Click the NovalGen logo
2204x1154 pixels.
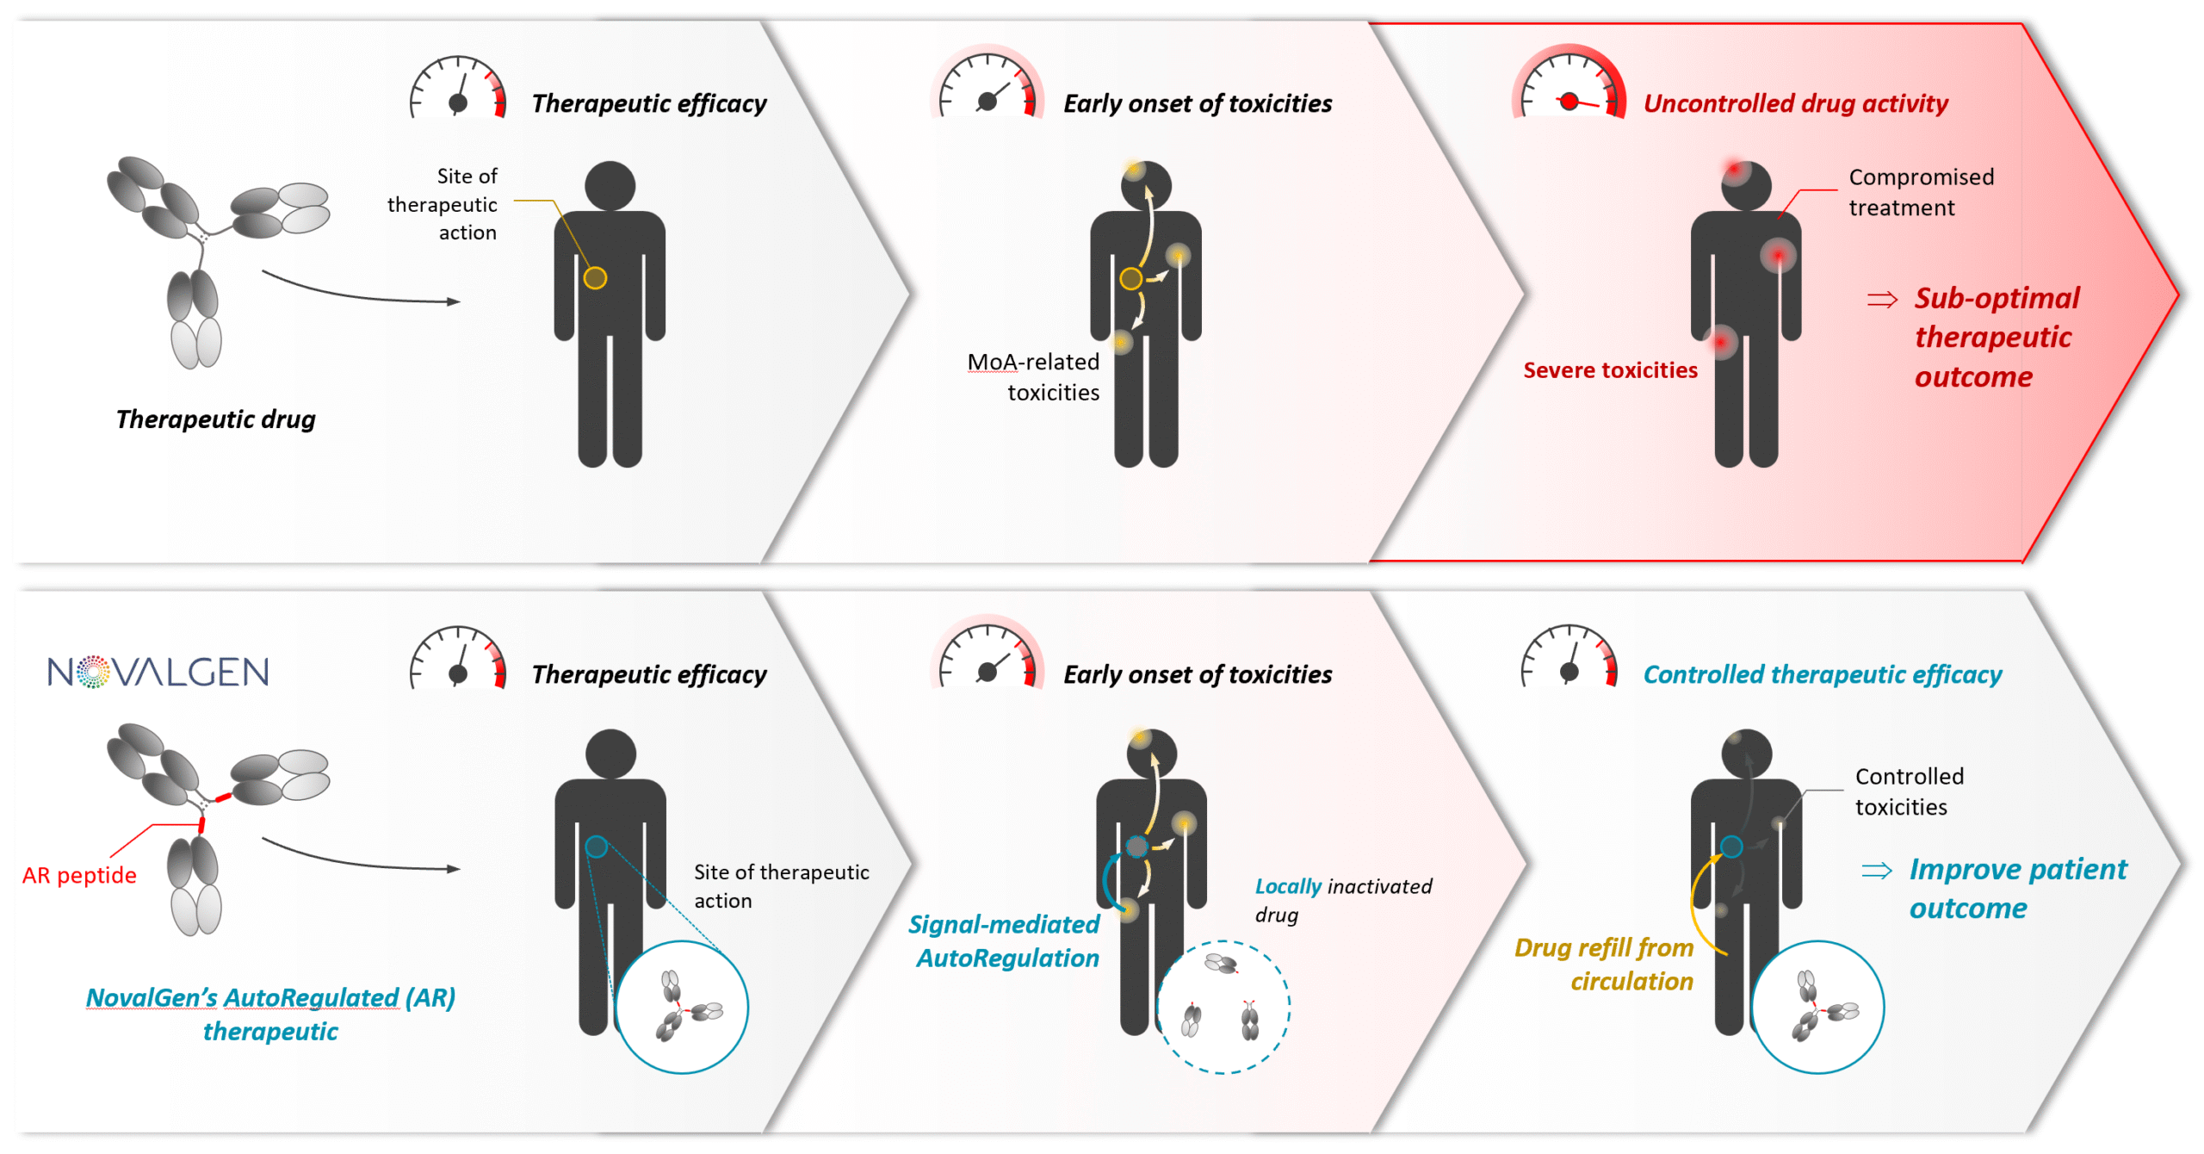click(x=158, y=672)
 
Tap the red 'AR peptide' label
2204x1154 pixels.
click(x=79, y=875)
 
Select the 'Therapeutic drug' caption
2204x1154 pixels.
click(x=215, y=419)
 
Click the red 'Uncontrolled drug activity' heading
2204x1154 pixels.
click(x=1795, y=103)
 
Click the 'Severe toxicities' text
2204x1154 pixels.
click(x=1610, y=370)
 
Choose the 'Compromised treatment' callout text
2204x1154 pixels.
click(x=1920, y=192)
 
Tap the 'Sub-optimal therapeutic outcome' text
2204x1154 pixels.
click(x=1996, y=337)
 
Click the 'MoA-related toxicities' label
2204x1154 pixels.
click(x=1033, y=377)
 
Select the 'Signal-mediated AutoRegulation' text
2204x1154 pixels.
click(x=1004, y=941)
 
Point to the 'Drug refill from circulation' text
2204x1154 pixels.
click(x=1604, y=965)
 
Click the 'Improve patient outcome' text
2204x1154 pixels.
click(x=2016, y=889)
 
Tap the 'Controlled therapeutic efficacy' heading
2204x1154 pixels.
click(x=1822, y=674)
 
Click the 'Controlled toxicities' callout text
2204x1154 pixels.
click(x=1909, y=791)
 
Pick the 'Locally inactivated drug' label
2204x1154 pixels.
click(x=1342, y=900)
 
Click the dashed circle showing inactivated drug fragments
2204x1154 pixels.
click(x=1223, y=1006)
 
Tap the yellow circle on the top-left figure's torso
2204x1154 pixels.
click(x=595, y=278)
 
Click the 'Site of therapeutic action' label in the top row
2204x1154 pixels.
click(x=442, y=204)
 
